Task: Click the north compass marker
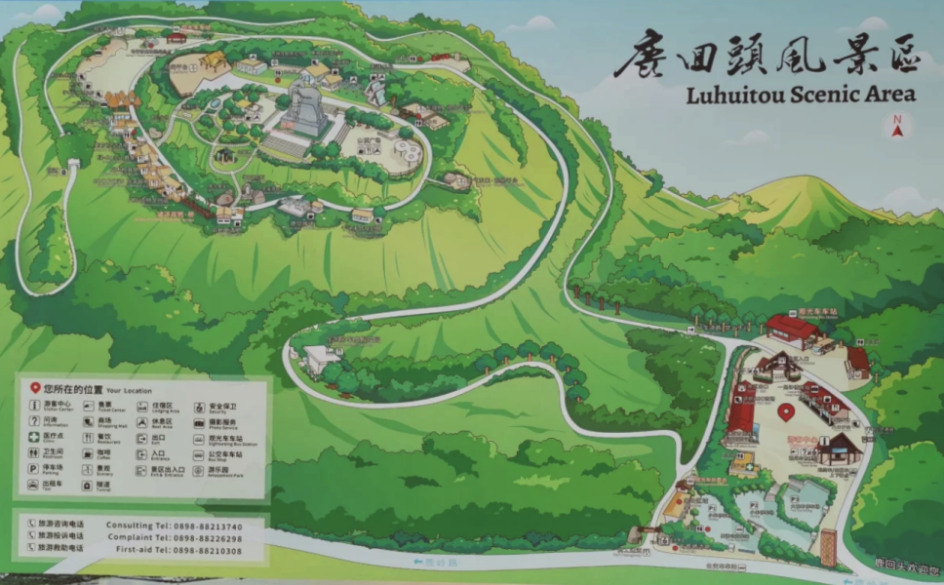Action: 895,126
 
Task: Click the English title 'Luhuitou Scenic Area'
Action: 801,95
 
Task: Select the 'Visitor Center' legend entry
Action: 55,407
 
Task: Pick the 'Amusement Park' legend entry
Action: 216,469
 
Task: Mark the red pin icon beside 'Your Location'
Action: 35,388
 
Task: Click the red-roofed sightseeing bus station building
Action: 792,330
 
